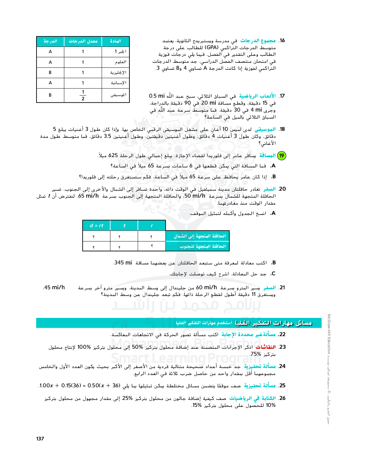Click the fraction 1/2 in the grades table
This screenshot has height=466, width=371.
83,95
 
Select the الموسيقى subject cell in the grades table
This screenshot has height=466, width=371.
118,95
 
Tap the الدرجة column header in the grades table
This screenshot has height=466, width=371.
50,41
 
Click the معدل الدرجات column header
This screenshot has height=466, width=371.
83,41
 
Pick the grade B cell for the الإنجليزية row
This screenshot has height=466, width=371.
50,72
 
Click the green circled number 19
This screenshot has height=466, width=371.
281,155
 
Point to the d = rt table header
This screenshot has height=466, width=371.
97,226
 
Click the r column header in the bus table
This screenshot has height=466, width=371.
152,226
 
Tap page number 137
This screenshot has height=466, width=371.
40,439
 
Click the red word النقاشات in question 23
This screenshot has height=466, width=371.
265,347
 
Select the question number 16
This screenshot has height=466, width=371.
282,41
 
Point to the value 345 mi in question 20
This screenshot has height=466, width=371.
123,263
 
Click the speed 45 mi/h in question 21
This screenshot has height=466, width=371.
54,287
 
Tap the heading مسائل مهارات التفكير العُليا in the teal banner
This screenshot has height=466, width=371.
273,323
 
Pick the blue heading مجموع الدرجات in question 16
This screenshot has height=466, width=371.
258,41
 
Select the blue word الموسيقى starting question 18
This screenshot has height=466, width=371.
265,129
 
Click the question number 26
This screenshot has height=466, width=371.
282,398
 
